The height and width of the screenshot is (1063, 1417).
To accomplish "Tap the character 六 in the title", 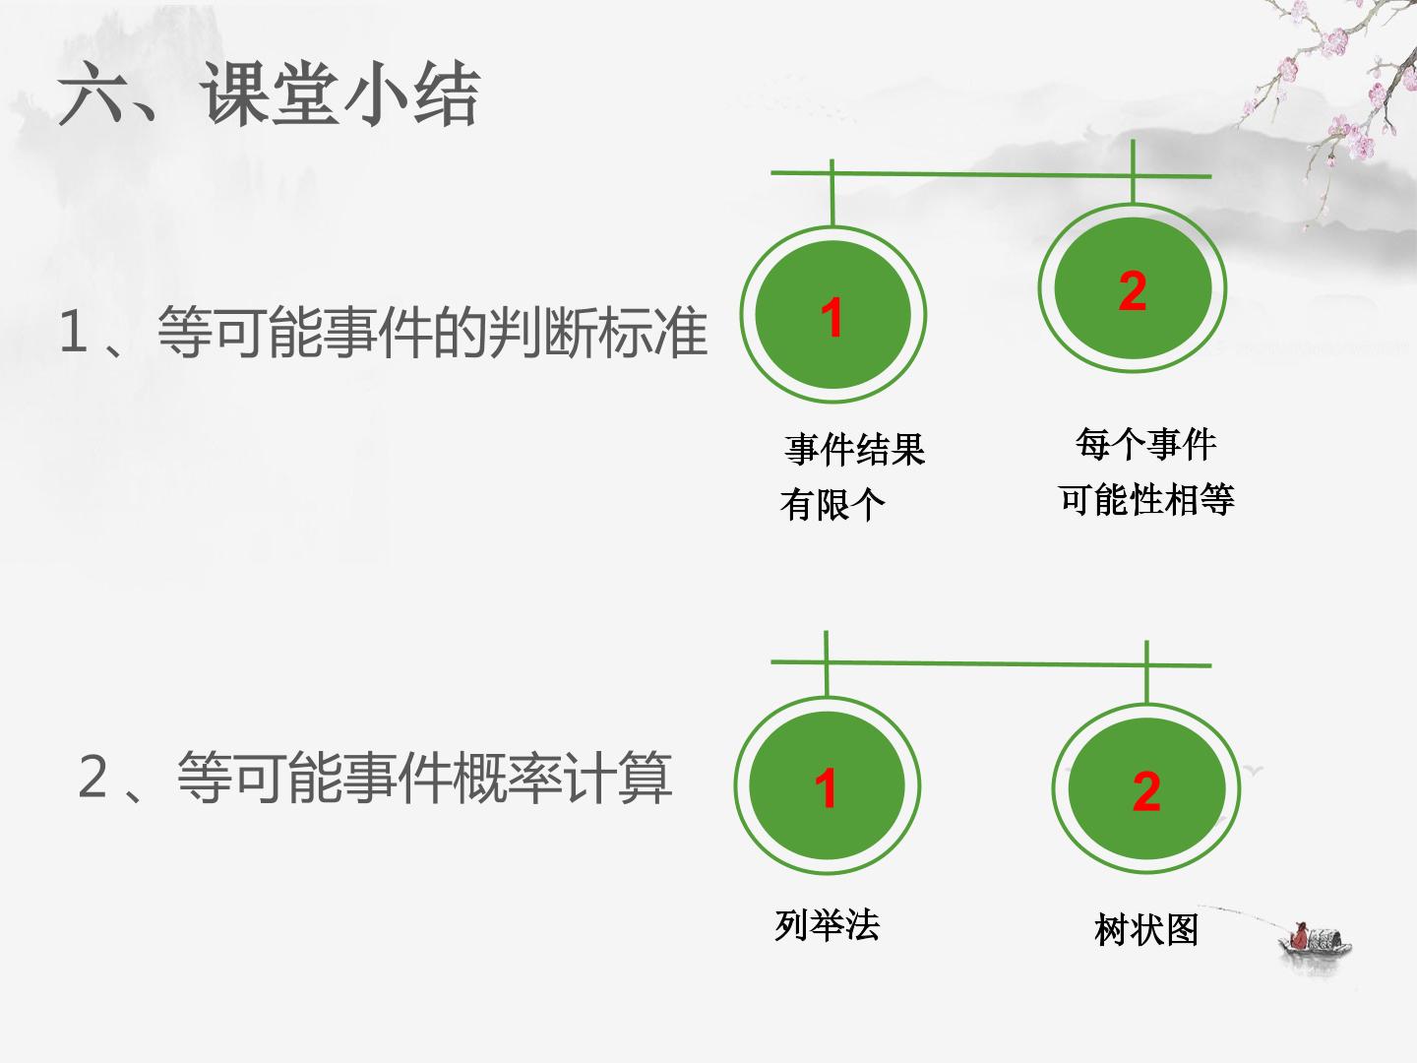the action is [x=90, y=95].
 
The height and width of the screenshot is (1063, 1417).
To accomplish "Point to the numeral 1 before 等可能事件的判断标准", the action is [x=73, y=332].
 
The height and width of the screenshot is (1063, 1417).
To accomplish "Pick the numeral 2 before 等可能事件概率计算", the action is [x=92, y=777].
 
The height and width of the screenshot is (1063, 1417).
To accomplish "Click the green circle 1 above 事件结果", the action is [x=832, y=314].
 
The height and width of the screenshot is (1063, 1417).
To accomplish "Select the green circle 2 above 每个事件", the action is [x=1133, y=288].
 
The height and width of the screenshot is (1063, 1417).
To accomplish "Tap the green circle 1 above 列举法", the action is [x=827, y=785].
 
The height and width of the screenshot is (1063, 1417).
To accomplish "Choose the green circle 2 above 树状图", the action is [x=1146, y=788].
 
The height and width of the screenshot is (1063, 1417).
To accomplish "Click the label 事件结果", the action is [x=855, y=449].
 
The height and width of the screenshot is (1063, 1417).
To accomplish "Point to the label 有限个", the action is [x=832, y=505].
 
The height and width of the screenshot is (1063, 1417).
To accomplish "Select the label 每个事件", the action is [x=1145, y=444].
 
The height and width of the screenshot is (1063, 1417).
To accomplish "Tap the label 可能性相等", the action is [x=1146, y=499].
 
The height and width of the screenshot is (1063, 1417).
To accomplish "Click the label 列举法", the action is [x=827, y=925].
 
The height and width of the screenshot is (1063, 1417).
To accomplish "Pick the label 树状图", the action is [x=1146, y=930].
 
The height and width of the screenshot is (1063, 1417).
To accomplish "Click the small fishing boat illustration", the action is [x=1315, y=939].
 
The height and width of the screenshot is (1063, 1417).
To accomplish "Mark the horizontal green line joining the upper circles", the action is [x=991, y=174].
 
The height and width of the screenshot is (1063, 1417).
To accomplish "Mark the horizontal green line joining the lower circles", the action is [x=991, y=663].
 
